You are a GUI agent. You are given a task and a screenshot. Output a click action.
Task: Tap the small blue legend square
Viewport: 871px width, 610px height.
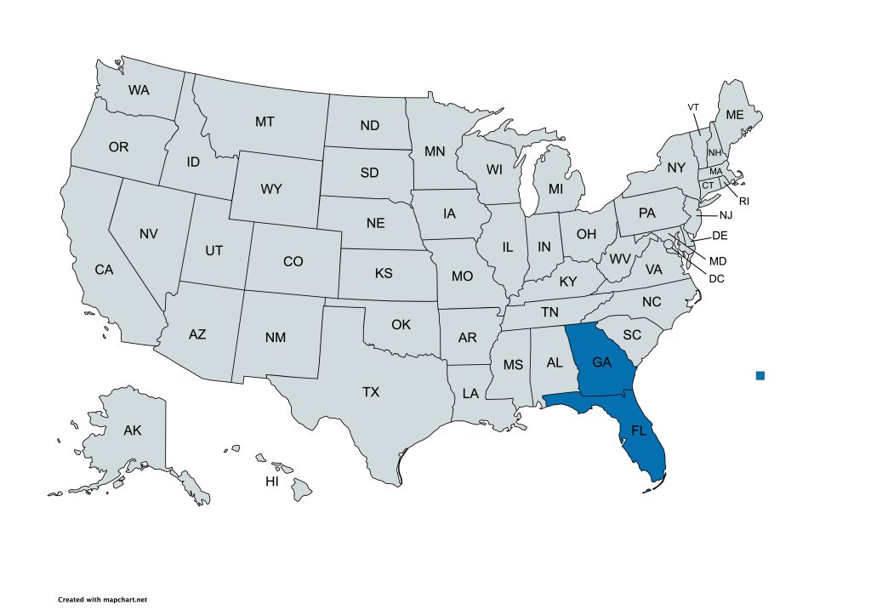pyautogui.click(x=760, y=375)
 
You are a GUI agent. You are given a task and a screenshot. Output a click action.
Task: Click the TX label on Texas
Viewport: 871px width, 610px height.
pyautogui.click(x=371, y=392)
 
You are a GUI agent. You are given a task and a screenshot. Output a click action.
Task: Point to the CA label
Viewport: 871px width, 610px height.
pyautogui.click(x=104, y=270)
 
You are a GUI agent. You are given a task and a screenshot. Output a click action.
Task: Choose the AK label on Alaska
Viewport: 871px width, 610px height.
pyautogui.click(x=132, y=430)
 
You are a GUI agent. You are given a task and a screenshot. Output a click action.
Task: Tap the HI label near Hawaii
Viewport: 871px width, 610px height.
pyautogui.click(x=272, y=482)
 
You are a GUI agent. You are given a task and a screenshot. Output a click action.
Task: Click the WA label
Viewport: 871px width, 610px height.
pyautogui.click(x=139, y=89)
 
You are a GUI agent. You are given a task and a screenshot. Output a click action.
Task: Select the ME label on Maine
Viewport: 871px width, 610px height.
pyautogui.click(x=734, y=115)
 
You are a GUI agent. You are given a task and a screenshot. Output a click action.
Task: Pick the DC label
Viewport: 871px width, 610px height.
pyautogui.click(x=716, y=278)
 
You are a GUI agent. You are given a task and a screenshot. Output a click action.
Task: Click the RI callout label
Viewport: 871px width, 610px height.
pyautogui.click(x=743, y=202)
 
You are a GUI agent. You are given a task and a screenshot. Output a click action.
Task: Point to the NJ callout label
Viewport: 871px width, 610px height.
pyautogui.click(x=726, y=215)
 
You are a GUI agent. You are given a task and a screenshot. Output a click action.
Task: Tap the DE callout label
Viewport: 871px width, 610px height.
pyautogui.click(x=720, y=236)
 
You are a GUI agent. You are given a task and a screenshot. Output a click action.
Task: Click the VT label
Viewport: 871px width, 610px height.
pyautogui.click(x=693, y=106)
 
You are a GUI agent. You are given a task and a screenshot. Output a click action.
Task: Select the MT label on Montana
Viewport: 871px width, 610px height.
pyautogui.click(x=265, y=122)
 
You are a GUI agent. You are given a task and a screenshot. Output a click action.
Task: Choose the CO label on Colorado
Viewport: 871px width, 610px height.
pyautogui.click(x=293, y=262)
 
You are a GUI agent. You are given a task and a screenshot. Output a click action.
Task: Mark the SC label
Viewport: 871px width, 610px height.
pyautogui.click(x=631, y=335)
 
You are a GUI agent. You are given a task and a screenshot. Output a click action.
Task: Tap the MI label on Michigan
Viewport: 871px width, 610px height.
pyautogui.click(x=555, y=188)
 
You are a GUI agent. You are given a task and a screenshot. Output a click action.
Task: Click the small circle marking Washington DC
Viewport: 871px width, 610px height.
pyautogui.click(x=669, y=245)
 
